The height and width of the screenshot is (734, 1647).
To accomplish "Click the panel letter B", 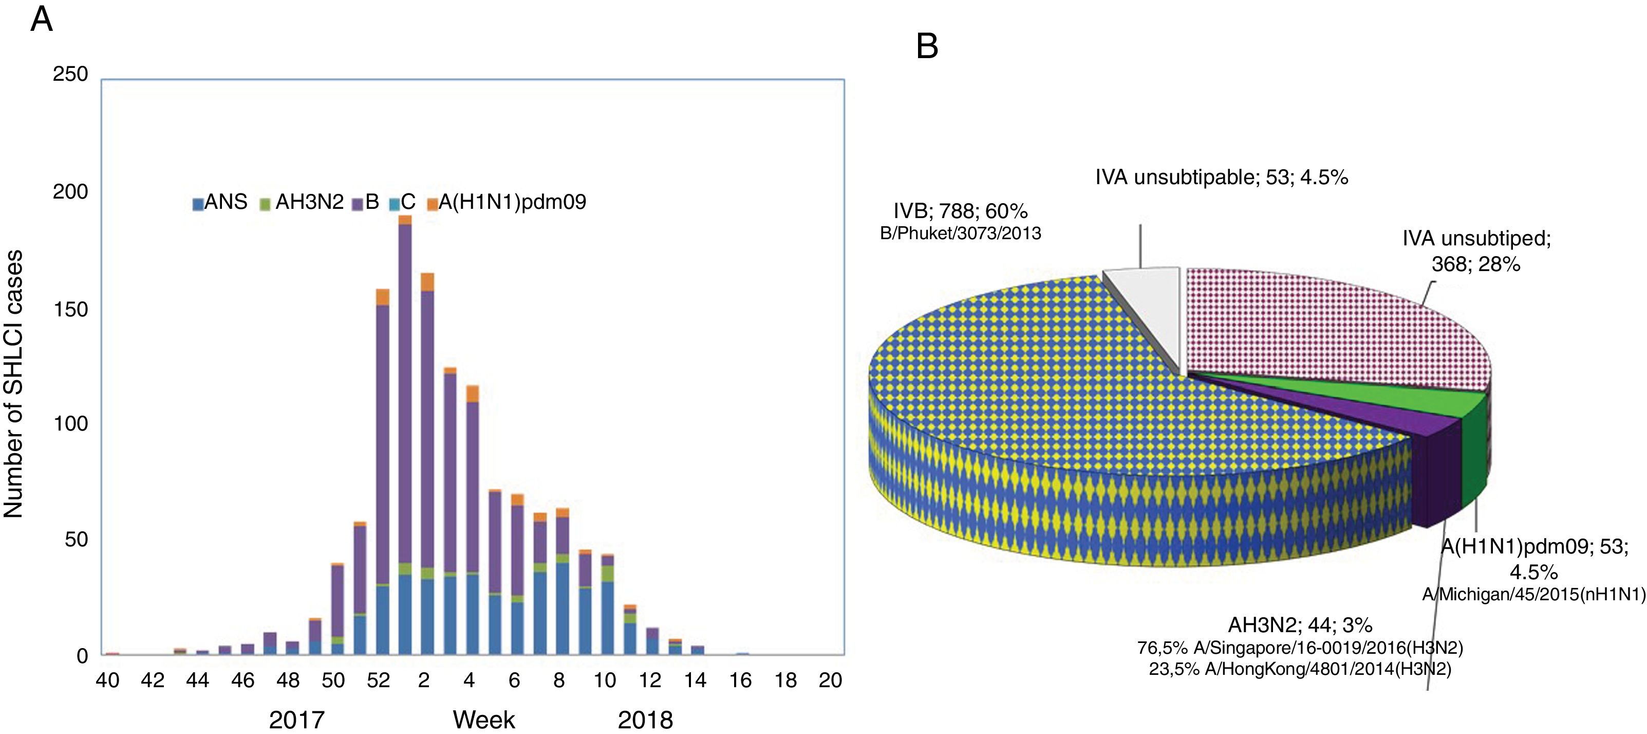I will tap(927, 46).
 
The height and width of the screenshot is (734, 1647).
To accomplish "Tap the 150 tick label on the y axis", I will tap(70, 310).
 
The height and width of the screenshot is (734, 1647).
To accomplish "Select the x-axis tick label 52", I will tap(378, 680).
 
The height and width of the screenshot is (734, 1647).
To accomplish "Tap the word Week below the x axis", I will tap(483, 720).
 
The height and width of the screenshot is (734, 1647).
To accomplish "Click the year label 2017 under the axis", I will tap(296, 720).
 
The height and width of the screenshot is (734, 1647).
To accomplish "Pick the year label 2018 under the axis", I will tap(645, 720).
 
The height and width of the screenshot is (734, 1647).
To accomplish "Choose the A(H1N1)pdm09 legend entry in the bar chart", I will tap(505, 202).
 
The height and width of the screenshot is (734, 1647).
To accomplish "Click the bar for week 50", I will tap(338, 608).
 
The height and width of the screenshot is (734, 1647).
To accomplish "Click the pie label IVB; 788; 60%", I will tap(960, 211).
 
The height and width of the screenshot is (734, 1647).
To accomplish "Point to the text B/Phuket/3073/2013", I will tap(960, 234).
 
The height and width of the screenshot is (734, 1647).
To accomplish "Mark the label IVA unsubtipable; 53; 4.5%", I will tap(1221, 177).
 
